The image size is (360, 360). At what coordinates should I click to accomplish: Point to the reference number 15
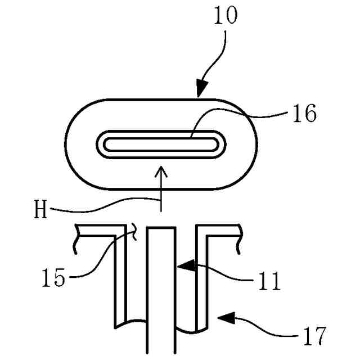54,278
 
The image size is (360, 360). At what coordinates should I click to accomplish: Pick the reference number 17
313,336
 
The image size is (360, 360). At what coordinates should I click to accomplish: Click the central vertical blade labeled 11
161,292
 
